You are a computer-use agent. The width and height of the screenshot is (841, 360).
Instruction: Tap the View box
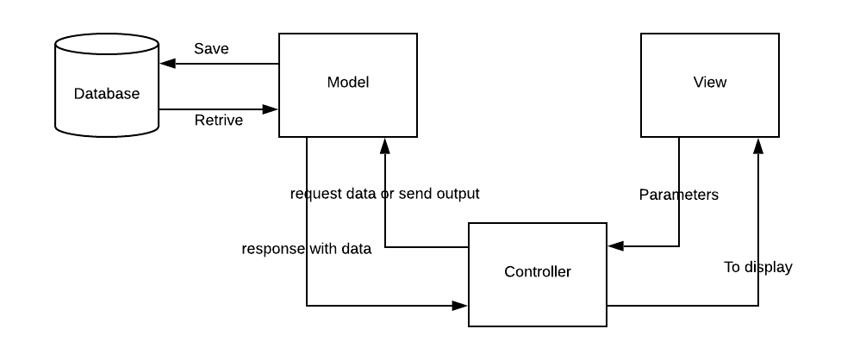coord(710,108)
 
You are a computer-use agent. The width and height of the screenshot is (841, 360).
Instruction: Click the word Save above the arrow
coord(211,48)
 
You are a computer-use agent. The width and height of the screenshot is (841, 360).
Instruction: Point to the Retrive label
coord(218,120)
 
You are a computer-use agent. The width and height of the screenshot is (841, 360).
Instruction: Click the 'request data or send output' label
coord(384,194)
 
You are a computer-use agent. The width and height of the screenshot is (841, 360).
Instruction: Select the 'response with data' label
coord(306,249)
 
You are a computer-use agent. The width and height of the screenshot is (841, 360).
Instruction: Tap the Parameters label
coord(678,195)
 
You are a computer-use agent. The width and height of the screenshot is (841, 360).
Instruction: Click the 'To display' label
coord(757,267)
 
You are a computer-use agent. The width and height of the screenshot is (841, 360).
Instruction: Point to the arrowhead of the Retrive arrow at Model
coord(271,109)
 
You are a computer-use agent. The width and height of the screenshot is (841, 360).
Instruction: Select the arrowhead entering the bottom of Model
coord(383,145)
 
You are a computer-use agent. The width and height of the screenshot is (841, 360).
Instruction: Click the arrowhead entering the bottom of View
coord(758,145)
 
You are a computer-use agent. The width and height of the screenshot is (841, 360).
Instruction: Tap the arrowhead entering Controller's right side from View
coord(614,246)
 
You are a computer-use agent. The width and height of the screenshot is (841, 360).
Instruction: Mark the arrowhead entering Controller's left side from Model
coord(460,305)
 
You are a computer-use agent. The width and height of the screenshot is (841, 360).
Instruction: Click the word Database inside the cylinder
coord(106,94)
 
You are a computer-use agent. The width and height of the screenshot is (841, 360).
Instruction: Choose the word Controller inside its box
coord(537,272)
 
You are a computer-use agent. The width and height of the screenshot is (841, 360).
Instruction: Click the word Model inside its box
coord(348,83)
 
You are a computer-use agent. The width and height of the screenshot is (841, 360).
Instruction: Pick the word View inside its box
coord(710,83)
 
